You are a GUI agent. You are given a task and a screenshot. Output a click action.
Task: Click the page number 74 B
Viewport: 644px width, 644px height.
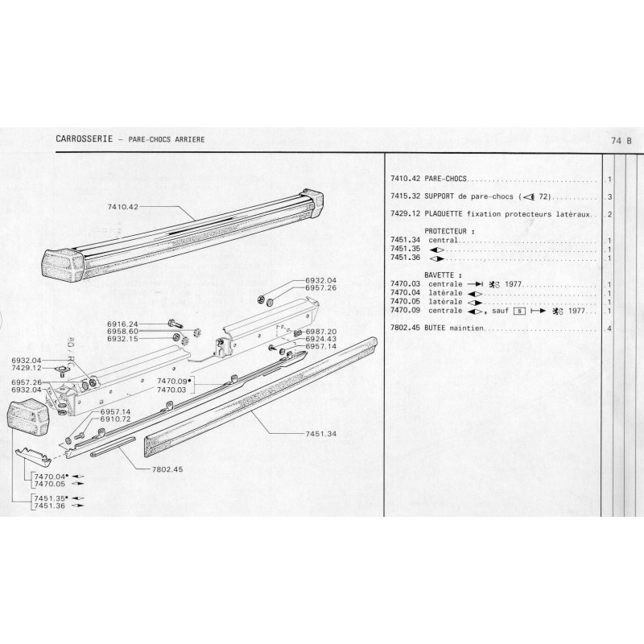pyautogui.click(x=621, y=140)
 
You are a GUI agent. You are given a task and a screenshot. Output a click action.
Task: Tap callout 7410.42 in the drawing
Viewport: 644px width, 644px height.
pyautogui.click(x=124, y=207)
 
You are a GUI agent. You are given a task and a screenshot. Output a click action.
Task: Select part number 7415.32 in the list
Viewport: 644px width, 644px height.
pyautogui.click(x=405, y=197)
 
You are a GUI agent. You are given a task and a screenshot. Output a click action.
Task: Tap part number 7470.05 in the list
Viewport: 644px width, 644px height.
pyautogui.click(x=405, y=303)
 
